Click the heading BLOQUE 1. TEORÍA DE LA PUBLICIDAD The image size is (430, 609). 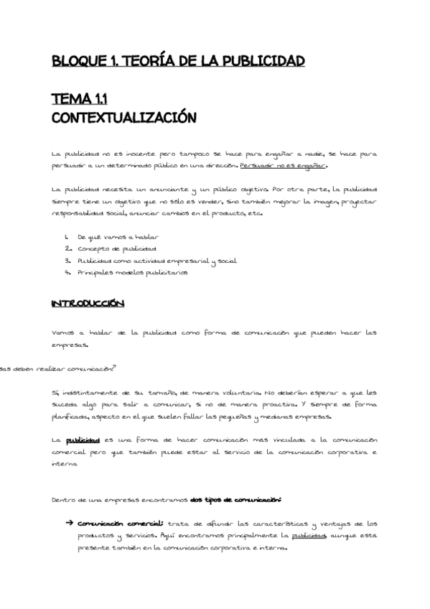pyautogui.click(x=179, y=60)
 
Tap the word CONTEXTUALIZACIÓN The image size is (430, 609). pyautogui.click(x=123, y=116)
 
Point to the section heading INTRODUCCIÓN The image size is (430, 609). pyautogui.click(x=88, y=304)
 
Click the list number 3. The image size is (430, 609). pyautogui.click(x=66, y=261)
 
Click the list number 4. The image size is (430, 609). pyautogui.click(x=66, y=273)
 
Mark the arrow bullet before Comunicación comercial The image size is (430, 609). pyautogui.click(x=69, y=523)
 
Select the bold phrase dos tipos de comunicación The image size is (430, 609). pyautogui.click(x=236, y=499)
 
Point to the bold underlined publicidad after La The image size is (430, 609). pyautogui.click(x=82, y=440)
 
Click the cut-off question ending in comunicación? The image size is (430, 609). pyautogui.click(x=57, y=369)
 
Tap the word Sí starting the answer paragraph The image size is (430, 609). pyautogui.click(x=55, y=394)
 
